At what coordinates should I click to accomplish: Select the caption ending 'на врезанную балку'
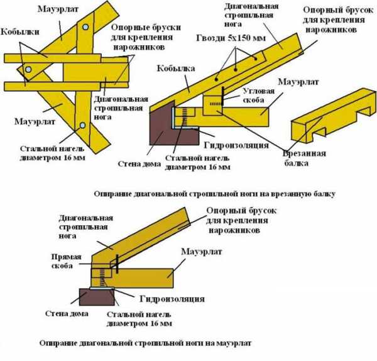coord(214,194)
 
